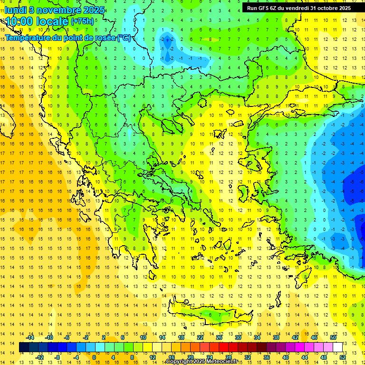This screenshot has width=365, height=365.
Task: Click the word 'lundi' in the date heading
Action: click(15, 10)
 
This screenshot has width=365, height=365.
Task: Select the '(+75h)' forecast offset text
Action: click(82, 21)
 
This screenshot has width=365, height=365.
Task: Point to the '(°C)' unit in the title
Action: click(123, 38)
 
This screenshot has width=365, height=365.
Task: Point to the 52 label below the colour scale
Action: click(343, 357)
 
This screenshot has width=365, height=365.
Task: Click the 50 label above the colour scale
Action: click(333, 337)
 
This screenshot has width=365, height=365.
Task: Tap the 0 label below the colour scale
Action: click(94, 357)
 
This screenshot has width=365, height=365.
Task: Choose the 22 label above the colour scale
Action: click(200, 337)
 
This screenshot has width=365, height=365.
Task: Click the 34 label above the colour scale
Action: click(257, 337)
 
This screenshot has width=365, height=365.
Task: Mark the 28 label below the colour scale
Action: click(229, 357)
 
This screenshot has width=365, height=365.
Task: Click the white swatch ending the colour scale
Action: click(338, 347)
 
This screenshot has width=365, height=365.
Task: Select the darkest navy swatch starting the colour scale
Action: click(24, 347)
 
